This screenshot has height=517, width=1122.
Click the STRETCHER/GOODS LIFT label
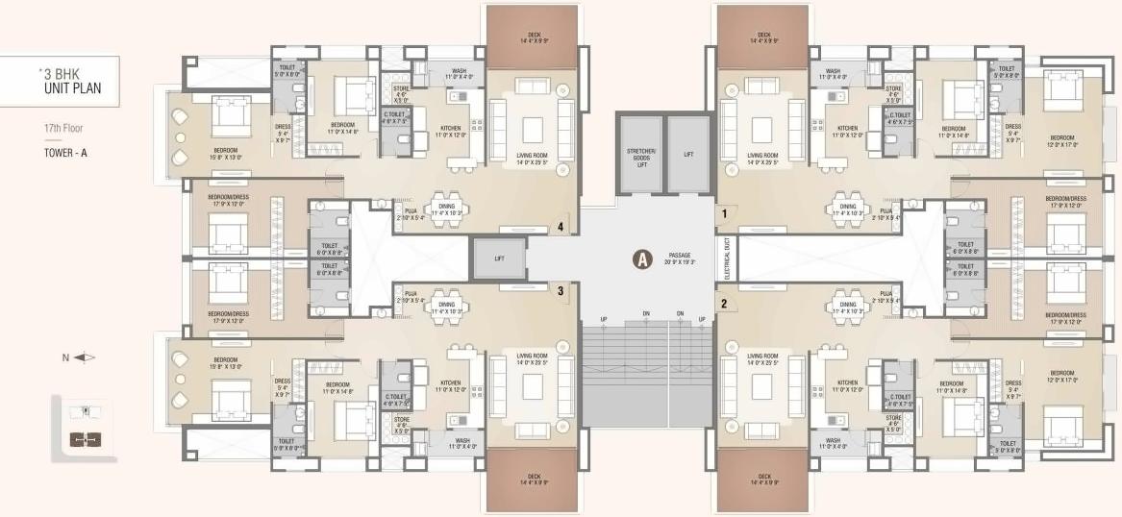pos(640,158)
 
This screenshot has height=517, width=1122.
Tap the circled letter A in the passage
pos(641,258)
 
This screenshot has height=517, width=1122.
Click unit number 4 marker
pos(561,227)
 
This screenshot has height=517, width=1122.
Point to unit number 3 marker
pos(561,289)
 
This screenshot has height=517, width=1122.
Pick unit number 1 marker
pos(723,212)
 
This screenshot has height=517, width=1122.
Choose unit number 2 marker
pos(723,305)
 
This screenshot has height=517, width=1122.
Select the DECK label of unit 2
pos(764,480)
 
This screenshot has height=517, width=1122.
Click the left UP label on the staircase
pos(604,319)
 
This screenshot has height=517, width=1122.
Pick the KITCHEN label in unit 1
pos(847,131)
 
